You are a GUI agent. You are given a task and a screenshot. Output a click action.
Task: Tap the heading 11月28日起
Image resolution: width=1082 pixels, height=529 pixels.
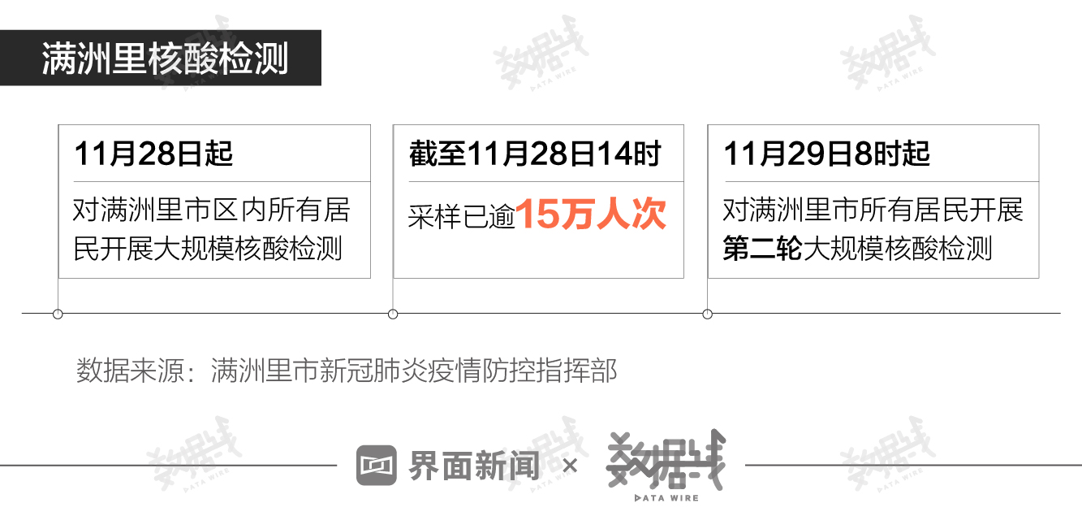pyautogui.click(x=153, y=154)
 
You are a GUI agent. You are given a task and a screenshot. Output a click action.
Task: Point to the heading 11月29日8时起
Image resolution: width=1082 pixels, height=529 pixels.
pyautogui.click(x=826, y=154)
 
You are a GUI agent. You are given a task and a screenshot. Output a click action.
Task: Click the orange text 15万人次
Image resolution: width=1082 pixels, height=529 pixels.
pyautogui.click(x=591, y=214)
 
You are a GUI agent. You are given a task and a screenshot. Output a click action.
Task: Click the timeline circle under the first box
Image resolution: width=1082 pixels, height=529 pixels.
pyautogui.click(x=58, y=314)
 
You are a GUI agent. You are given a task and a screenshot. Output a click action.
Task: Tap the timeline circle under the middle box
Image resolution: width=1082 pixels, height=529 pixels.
pyautogui.click(x=394, y=314)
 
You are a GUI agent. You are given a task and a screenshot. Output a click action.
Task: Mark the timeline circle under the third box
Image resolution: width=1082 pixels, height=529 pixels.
pyautogui.click(x=708, y=314)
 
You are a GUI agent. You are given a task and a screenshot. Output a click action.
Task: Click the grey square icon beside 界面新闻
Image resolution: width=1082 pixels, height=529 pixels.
pyautogui.click(x=377, y=466)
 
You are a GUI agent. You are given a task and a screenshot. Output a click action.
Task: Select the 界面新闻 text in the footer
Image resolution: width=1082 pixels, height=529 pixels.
pyautogui.click(x=474, y=466)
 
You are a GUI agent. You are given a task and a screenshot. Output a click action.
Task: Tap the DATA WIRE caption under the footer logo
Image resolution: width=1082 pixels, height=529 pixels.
pyautogui.click(x=666, y=497)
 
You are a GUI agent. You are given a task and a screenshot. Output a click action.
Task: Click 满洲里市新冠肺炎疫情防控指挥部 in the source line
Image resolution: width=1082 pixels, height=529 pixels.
pyautogui.click(x=414, y=371)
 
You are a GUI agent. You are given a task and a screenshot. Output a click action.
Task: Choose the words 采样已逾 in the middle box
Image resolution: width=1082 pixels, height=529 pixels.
pyautogui.click(x=462, y=217)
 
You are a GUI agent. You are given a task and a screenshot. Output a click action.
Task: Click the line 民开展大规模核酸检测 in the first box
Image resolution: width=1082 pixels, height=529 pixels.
pyautogui.click(x=208, y=249)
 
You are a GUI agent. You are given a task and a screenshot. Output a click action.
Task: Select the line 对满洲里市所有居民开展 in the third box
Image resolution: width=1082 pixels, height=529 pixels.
pyautogui.click(x=873, y=210)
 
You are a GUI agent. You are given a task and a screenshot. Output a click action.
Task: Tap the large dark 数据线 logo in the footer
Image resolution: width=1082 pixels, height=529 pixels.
pyautogui.click(x=666, y=460)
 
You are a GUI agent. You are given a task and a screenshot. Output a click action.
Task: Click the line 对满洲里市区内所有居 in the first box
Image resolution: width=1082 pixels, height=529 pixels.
pyautogui.click(x=212, y=210)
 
